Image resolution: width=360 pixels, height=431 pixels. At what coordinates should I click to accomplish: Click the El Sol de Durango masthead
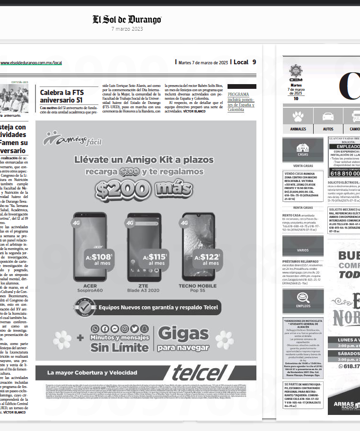(127, 20)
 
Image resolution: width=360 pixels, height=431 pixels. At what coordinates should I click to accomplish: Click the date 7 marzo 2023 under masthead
(127, 29)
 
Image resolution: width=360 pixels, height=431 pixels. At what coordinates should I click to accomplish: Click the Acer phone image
(90, 246)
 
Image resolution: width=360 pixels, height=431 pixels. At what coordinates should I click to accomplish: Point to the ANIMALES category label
(298, 129)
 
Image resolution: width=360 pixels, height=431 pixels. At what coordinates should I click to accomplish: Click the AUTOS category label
(328, 129)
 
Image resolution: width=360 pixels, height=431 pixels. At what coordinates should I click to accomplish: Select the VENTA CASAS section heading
(302, 166)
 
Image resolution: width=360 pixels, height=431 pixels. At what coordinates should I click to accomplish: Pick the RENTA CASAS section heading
(302, 207)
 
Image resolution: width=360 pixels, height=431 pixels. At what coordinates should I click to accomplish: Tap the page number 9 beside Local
(254, 62)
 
